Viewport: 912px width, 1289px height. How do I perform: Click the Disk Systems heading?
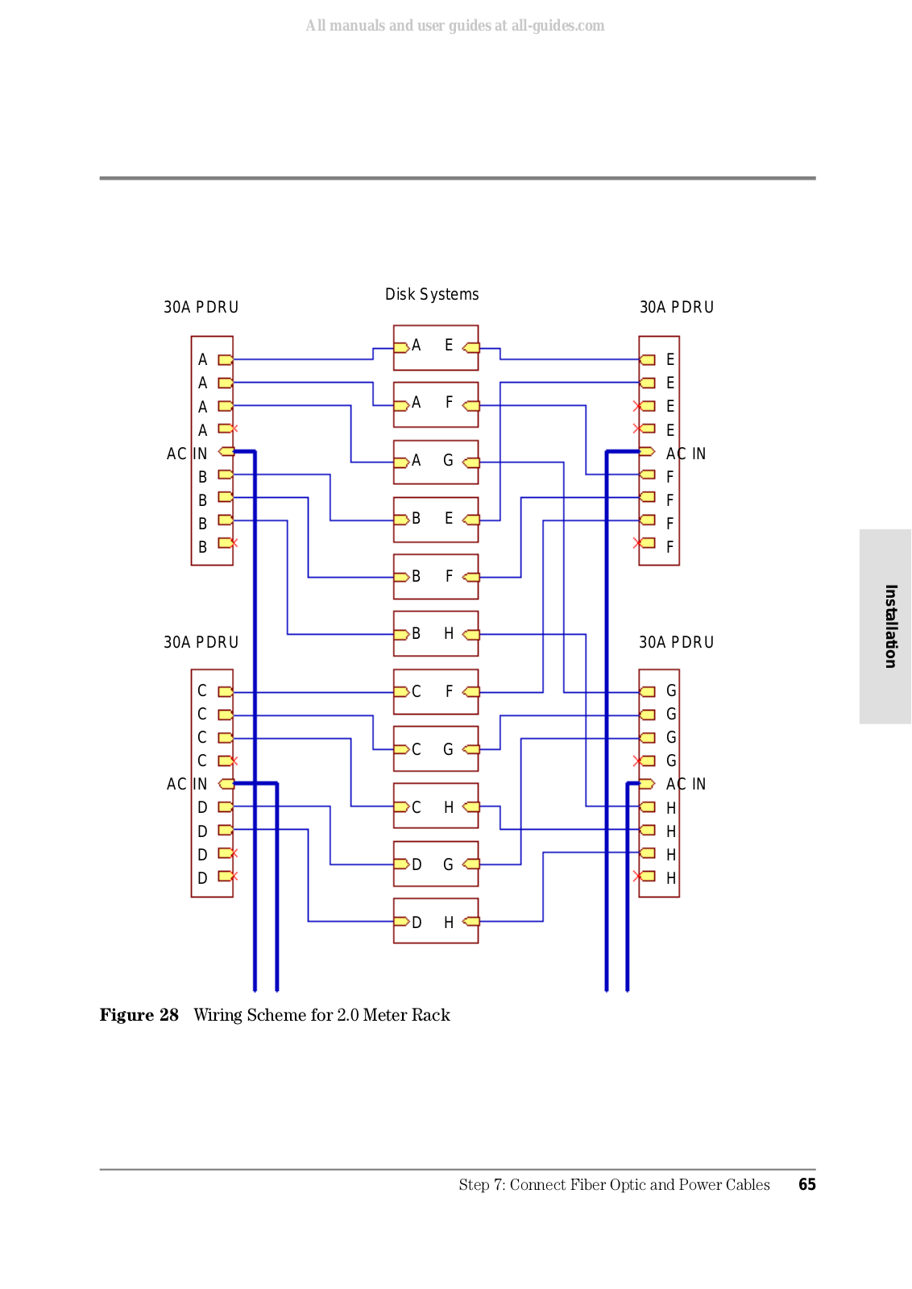pos(432,294)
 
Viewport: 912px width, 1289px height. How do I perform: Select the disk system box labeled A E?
pos(435,347)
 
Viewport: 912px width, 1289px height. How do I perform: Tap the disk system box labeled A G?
pos(435,462)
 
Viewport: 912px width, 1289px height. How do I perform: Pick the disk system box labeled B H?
pos(435,634)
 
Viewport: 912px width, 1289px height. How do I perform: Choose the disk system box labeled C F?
pos(435,691)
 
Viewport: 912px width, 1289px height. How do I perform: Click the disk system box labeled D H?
pos(435,921)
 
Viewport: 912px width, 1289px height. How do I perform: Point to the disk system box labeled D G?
pos(435,864)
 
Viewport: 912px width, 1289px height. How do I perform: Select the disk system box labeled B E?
pos(435,520)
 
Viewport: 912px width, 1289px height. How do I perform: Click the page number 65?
pos(806,1184)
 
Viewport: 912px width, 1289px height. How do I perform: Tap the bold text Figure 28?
pos(139,1015)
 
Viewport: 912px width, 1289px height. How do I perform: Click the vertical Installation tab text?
pos(890,626)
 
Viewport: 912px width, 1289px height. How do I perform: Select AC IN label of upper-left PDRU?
pos(187,454)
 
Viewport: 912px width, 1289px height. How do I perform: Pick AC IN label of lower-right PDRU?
pos(686,784)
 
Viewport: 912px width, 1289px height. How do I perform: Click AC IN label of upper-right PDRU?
pos(686,454)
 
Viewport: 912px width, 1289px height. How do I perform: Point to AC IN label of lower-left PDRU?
pos(187,784)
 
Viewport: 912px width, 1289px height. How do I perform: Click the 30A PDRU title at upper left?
pos(201,307)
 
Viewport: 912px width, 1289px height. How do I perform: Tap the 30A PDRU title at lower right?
pos(676,642)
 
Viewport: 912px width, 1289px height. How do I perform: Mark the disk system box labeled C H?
pos(435,806)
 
